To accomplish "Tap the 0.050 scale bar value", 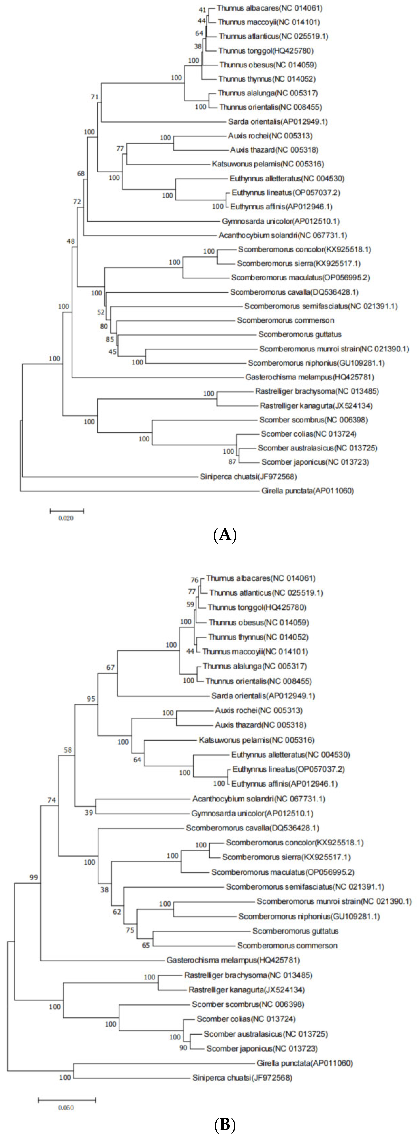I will click(66, 1108).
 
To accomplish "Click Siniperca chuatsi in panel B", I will click(242, 1078).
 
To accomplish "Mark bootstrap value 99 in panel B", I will click(34, 877).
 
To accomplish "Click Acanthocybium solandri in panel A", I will click(283, 235).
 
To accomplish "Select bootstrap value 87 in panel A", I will click(232, 462).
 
